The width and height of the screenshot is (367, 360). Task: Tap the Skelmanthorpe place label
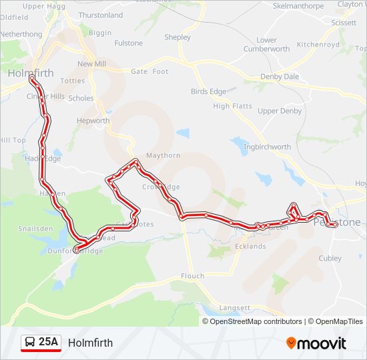coord(298,6)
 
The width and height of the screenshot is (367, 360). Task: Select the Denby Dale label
coord(280,77)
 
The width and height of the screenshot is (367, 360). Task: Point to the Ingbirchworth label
coord(268,147)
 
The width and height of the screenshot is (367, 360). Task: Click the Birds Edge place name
coord(208,91)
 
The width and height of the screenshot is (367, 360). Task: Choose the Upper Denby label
coord(280,111)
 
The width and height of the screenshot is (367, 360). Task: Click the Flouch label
coord(193,276)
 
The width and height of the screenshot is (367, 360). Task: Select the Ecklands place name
coord(250,247)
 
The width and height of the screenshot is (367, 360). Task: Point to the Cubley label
coord(330,259)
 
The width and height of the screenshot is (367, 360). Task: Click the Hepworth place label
coord(93,121)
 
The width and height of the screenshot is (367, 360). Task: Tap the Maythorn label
coord(163,155)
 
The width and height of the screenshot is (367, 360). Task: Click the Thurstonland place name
coord(100,15)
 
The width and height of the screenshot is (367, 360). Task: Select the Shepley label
coord(177,38)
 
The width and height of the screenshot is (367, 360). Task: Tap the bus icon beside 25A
coord(30,343)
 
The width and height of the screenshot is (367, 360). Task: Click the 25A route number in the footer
coord(49,343)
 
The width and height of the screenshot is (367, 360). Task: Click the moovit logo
coord(316,343)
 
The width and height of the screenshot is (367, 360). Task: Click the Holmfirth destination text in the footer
coord(90,343)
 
